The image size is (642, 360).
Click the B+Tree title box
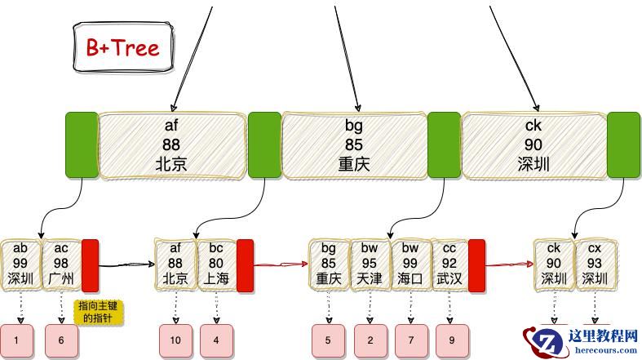(x=123, y=47)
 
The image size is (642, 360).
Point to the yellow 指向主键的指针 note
(x=100, y=313)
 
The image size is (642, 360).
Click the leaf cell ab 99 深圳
(x=20, y=264)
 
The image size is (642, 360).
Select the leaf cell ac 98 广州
(x=61, y=264)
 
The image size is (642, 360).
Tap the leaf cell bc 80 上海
(x=216, y=264)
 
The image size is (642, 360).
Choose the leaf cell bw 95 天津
(x=370, y=264)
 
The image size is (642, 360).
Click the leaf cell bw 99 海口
(x=410, y=264)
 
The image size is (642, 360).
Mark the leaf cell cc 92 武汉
(x=449, y=264)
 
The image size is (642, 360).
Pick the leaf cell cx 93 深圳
(x=595, y=264)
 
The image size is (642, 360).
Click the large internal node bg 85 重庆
(x=354, y=145)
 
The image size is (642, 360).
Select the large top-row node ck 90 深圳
(x=534, y=145)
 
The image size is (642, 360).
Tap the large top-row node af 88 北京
(x=171, y=145)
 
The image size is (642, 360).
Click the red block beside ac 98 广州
(x=90, y=264)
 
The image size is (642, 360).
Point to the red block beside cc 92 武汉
(x=476, y=264)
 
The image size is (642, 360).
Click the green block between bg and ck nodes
(x=444, y=145)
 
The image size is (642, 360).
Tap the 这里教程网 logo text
(x=603, y=335)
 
